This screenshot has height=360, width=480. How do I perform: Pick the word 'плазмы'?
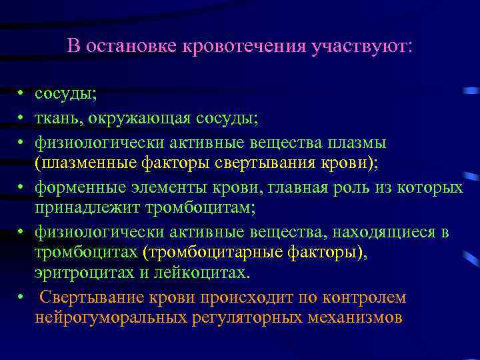point(363,142)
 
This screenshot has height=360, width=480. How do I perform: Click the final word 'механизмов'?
point(355,317)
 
